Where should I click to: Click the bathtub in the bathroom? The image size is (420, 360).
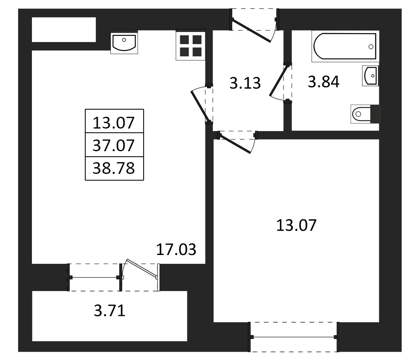345,46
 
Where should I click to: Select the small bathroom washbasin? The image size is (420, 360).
370,76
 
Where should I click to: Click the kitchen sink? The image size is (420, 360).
124,42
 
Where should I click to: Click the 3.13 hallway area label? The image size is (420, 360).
245,83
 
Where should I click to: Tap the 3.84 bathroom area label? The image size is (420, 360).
323,81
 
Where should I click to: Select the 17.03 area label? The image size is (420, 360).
176,250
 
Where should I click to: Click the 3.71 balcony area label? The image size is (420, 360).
110,311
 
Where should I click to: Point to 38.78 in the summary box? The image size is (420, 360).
113,168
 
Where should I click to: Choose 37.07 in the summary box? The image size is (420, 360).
113,145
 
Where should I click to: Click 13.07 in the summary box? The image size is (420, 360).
113,123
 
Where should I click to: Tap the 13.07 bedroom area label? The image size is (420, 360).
296,225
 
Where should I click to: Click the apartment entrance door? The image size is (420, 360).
254,26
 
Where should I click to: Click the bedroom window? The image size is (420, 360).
294,337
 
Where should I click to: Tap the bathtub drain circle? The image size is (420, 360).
371,47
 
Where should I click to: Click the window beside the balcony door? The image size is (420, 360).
94,277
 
